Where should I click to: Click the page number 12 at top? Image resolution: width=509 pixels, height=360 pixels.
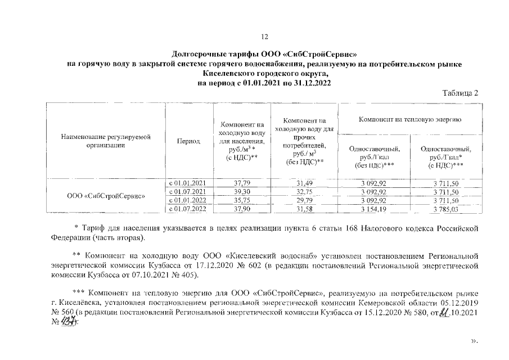pos(264,37)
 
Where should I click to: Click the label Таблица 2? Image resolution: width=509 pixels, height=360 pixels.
pos(460,93)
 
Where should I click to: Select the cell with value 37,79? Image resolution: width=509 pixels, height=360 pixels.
pos(241,183)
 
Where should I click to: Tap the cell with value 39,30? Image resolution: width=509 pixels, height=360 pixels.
pos(241,192)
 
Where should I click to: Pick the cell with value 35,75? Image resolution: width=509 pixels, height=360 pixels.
pos(241,200)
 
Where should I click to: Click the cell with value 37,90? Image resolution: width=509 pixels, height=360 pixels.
pos(241,209)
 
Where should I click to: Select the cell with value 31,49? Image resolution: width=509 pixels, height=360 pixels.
pos(303,183)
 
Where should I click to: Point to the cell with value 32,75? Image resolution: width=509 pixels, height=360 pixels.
pos(303,192)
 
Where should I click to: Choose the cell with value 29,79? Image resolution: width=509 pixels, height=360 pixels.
pos(303,200)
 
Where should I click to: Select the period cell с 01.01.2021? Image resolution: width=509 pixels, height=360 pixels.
pos(188,183)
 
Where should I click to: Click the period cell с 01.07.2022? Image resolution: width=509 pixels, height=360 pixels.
pos(188,209)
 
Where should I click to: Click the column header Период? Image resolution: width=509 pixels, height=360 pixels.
pos(188,141)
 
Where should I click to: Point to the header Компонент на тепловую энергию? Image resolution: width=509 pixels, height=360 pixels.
pos(411,120)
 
